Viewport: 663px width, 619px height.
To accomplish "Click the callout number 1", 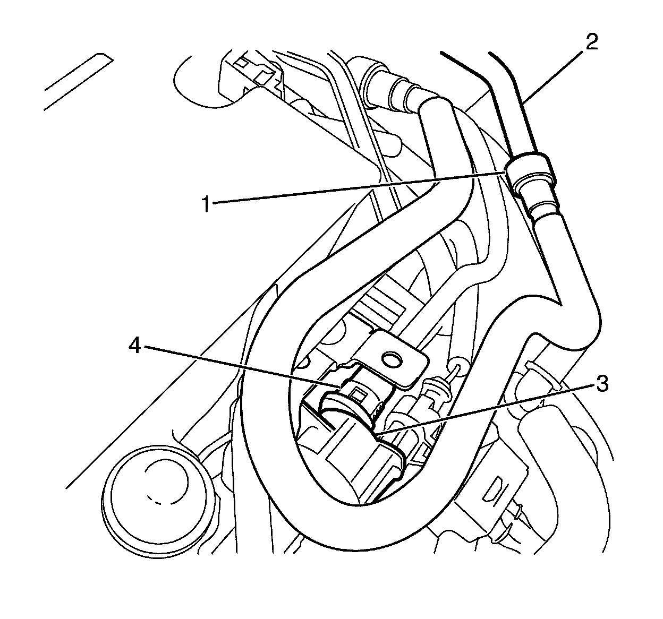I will (x=206, y=204).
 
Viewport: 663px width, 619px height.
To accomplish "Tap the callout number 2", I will (x=591, y=41).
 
